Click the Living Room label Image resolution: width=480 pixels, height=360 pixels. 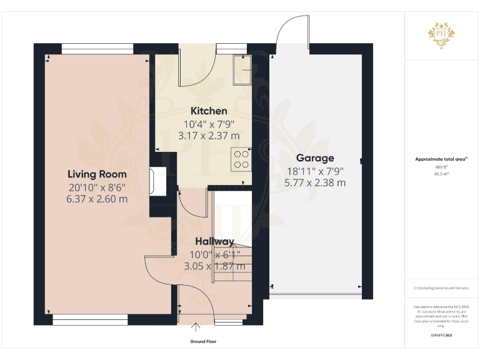(x=97, y=174)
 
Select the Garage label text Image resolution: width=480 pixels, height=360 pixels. (x=315, y=158)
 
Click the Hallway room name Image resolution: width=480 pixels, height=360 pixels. (x=214, y=241)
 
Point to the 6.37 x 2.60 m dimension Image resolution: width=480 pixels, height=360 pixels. (x=97, y=199)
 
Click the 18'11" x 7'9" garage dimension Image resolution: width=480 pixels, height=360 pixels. (x=315, y=171)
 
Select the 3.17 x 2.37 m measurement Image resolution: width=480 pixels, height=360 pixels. (x=209, y=135)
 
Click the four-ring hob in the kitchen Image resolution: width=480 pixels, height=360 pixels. (x=241, y=158)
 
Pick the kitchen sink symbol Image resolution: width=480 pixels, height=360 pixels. (x=241, y=69)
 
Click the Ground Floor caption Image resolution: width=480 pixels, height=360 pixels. (x=203, y=342)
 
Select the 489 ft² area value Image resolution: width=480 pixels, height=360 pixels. (x=441, y=167)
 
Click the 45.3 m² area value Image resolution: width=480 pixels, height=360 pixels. (x=441, y=174)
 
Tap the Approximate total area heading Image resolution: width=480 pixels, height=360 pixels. (x=441, y=159)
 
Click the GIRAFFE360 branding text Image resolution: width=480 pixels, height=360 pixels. (x=441, y=336)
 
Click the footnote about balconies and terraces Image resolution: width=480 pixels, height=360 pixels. (x=441, y=288)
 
